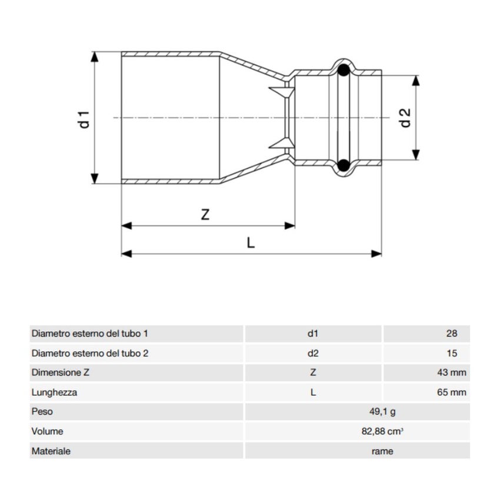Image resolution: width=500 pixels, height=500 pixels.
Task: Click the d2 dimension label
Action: click(x=405, y=117)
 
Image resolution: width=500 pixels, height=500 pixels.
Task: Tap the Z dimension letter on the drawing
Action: click(x=205, y=214)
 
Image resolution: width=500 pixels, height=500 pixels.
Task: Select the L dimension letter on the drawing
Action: click(x=251, y=242)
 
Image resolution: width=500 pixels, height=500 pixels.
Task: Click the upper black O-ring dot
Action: click(x=344, y=71)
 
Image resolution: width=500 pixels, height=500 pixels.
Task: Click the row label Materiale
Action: click(x=51, y=451)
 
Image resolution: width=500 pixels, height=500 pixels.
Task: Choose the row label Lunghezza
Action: click(x=54, y=392)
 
